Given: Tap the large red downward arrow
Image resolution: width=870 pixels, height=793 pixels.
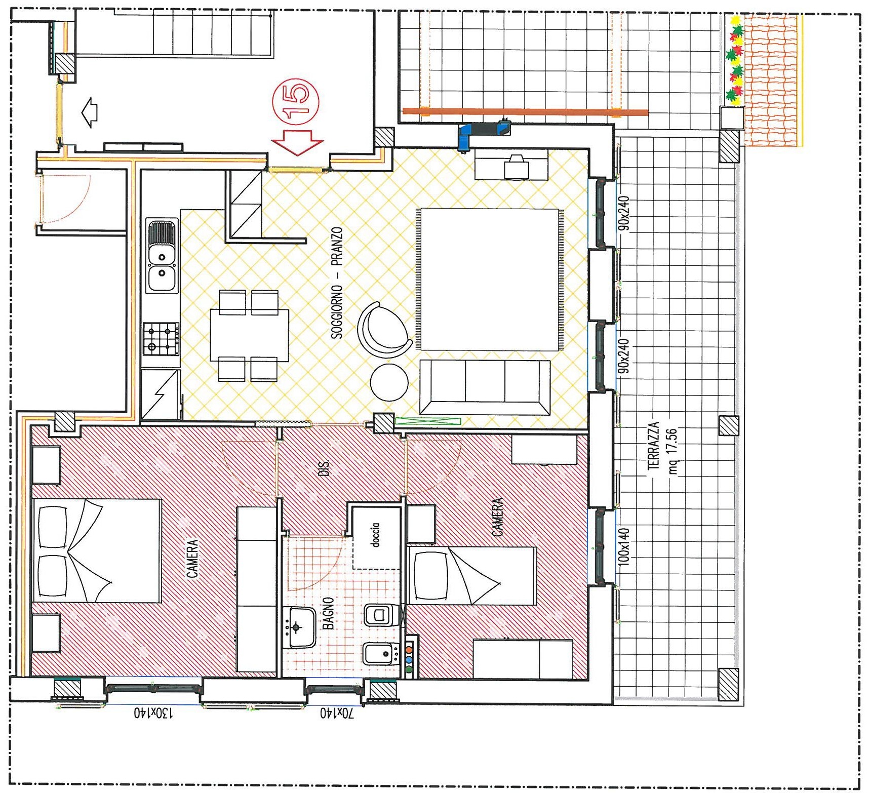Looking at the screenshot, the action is point(297,142).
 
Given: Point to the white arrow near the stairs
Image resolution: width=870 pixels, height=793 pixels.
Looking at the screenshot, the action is point(90,112).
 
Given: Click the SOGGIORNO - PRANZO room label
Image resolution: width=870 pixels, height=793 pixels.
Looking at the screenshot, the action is point(337,283).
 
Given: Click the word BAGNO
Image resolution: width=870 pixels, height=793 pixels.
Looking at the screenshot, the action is point(328,613).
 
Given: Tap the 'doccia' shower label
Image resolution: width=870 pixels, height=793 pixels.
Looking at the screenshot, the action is point(375,535).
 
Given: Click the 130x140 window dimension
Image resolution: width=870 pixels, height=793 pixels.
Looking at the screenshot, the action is point(153,712).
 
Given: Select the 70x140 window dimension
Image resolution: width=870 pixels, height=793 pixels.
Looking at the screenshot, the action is point(337,713).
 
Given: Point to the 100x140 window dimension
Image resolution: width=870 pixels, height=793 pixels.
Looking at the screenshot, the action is point(624,546).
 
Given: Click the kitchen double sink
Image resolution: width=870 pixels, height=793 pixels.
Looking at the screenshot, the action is point(162,256).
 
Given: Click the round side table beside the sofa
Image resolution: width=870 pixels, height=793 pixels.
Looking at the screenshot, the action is point(389,382).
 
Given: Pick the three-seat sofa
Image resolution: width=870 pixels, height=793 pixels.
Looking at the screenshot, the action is point(485,387).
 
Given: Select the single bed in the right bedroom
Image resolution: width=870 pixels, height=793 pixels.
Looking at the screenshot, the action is point(471,576).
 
